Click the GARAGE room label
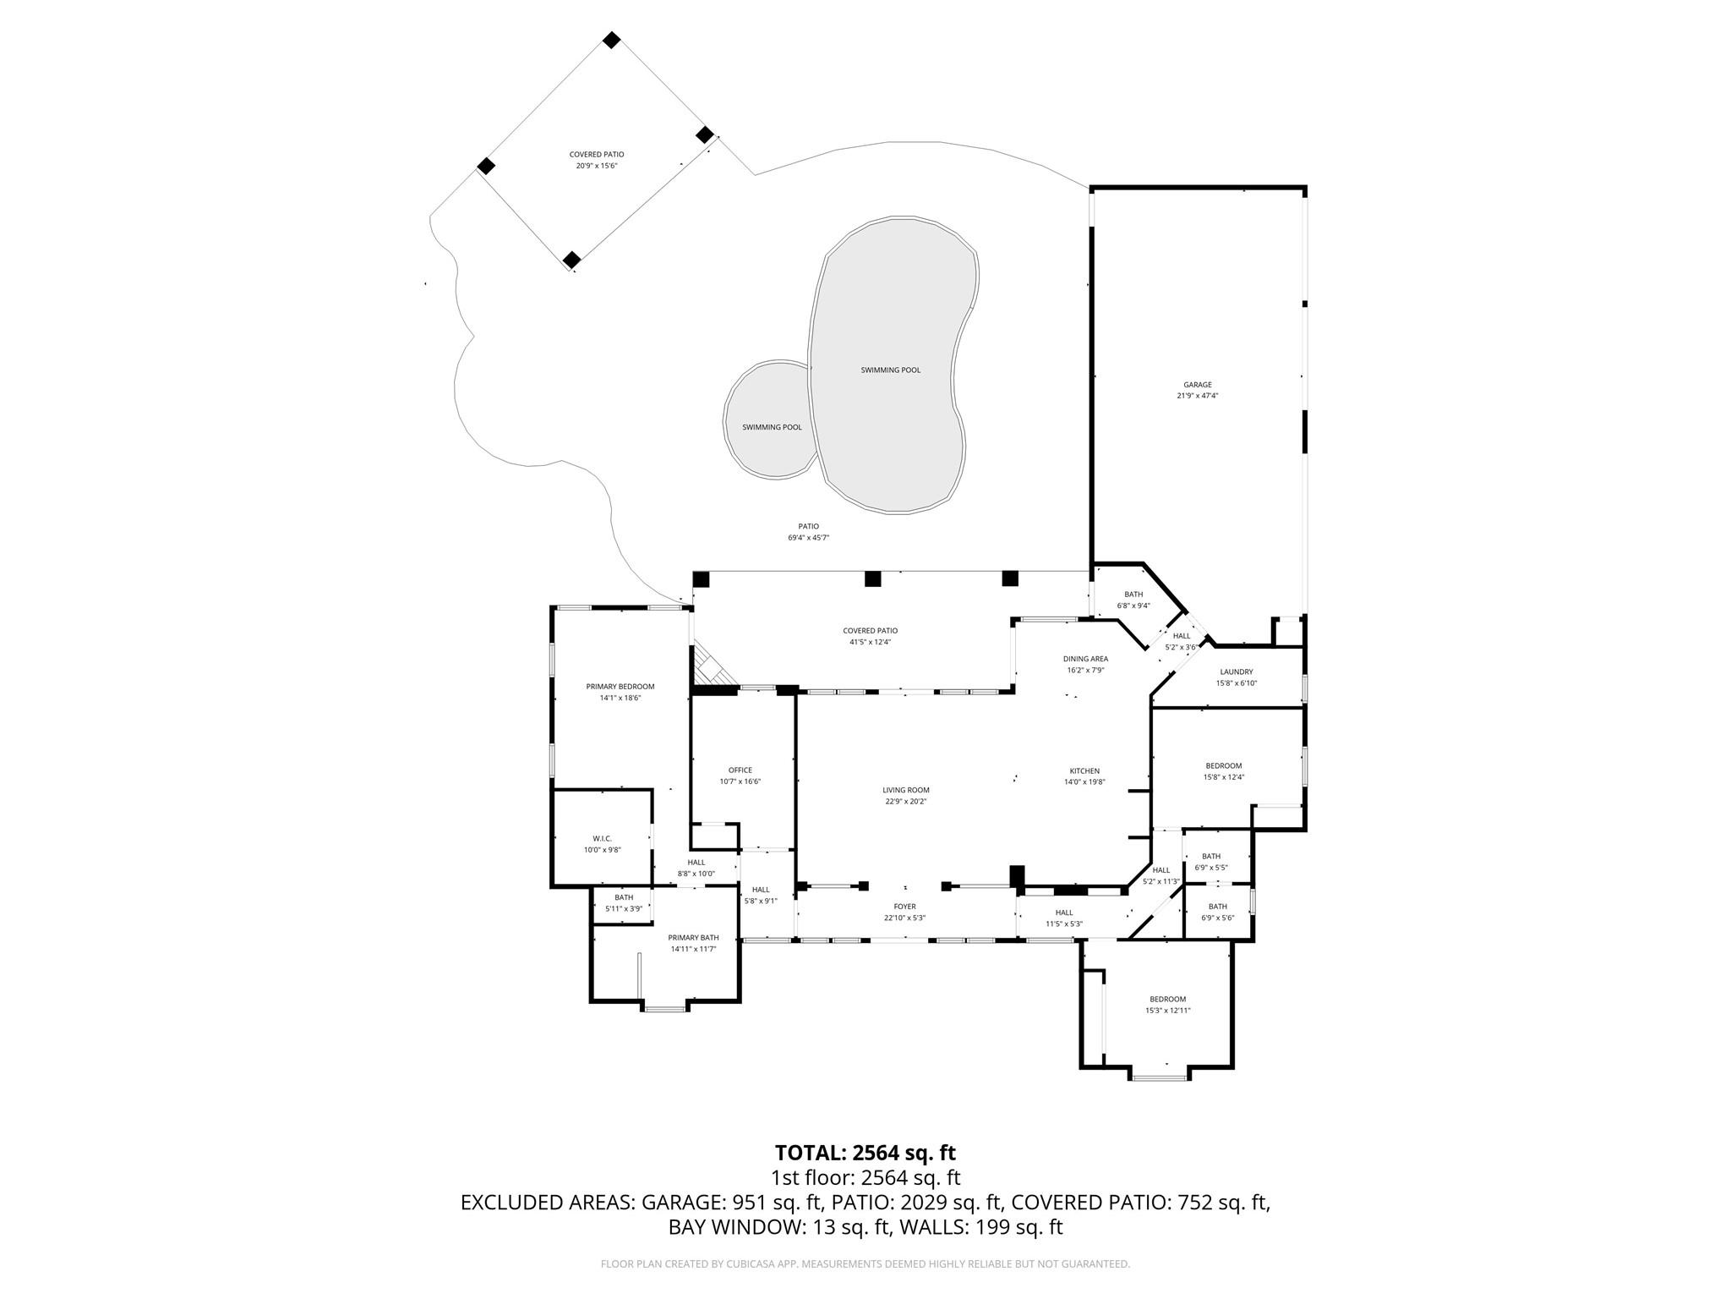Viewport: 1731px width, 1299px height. click(1197, 385)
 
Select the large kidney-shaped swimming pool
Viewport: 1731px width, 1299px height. click(890, 370)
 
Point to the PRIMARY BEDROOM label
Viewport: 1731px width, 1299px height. click(620, 687)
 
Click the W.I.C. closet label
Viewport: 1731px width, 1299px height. click(602, 838)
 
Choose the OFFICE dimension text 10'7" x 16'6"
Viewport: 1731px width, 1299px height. click(740, 782)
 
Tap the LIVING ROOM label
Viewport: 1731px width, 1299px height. click(905, 790)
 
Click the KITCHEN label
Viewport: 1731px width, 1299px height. click(1084, 770)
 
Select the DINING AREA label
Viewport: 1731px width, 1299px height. click(1085, 659)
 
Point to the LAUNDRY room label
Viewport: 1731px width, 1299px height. click(1236, 671)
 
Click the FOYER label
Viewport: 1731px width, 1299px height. click(904, 907)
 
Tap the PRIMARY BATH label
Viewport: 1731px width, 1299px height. click(693, 937)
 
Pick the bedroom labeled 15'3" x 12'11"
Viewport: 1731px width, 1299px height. click(1167, 1005)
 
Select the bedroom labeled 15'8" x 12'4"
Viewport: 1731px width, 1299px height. click(1223, 771)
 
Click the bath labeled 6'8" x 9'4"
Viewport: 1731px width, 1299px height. click(1133, 600)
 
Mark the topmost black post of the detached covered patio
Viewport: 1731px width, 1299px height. click(611, 40)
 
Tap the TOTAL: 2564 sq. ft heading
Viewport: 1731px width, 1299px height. click(865, 1153)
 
